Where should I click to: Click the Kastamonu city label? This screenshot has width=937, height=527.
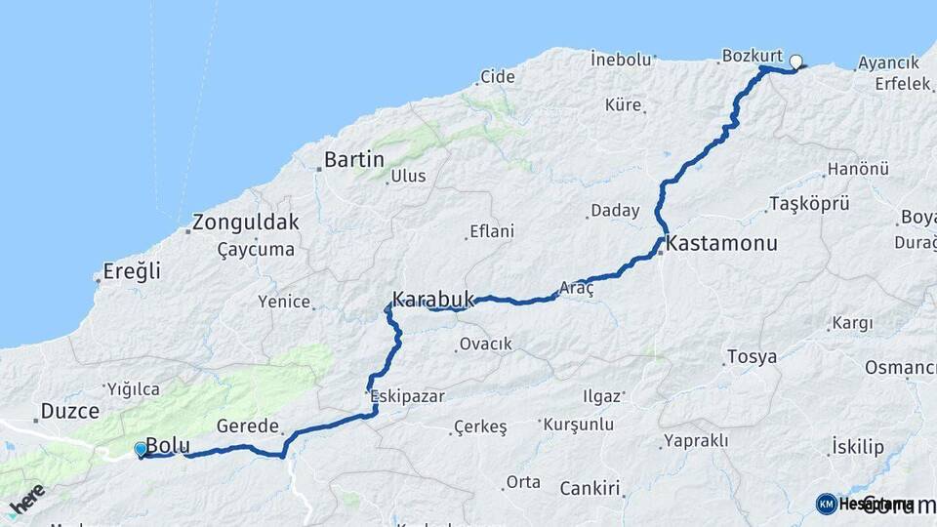tap(723, 244)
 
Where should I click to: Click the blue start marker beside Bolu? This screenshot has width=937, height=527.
tap(142, 449)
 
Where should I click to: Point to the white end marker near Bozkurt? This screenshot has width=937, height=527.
tap(795, 62)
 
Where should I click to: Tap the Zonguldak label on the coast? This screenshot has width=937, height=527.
tap(246, 222)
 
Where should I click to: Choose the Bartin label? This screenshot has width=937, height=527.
tap(353, 159)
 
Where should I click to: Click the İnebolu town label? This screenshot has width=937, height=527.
tap(621, 59)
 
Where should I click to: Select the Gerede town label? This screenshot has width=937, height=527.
tap(249, 426)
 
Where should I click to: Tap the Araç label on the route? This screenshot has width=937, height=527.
tap(576, 288)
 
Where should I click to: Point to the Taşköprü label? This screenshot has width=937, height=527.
tap(809, 203)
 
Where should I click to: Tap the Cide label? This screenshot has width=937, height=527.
tap(498, 76)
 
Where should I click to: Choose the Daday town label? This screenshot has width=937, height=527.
tap(615, 210)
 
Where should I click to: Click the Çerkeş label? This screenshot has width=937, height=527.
tap(480, 427)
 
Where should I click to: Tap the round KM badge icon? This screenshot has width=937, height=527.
tap(826, 504)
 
